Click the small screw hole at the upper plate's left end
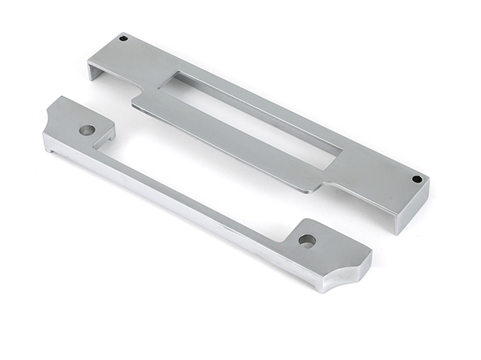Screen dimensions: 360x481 click(x=123, y=38)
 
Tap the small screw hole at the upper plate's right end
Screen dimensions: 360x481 click(x=416, y=178)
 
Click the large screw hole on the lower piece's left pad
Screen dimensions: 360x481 click(x=87, y=129)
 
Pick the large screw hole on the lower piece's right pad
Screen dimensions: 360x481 click(x=306, y=240)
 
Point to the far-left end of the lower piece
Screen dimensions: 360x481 click(x=46, y=144)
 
